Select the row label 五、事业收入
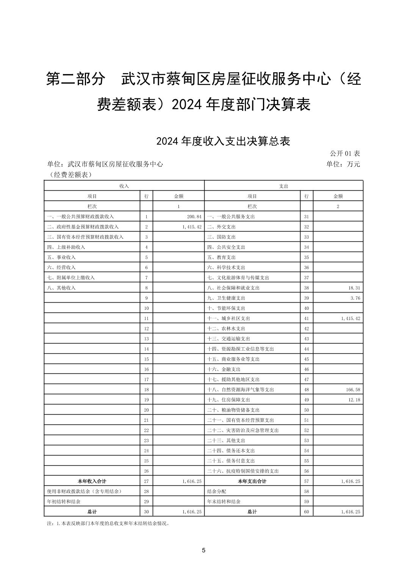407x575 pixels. [x=61, y=257]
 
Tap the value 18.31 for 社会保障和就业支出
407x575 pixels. [x=353, y=288]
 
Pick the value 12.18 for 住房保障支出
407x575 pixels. [x=353, y=400]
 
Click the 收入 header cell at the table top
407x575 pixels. [x=124, y=186]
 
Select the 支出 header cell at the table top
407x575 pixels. [x=284, y=186]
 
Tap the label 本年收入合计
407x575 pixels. [x=92, y=481]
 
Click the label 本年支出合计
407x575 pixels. [x=252, y=481]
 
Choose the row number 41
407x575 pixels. [x=307, y=319]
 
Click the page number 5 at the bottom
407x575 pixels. [x=203, y=550]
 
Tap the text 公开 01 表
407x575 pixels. [x=344, y=153]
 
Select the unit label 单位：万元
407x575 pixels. [x=343, y=164]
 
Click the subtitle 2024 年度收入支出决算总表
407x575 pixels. [x=223, y=141]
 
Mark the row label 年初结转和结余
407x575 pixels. [x=64, y=502]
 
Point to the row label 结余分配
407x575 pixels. [x=217, y=491]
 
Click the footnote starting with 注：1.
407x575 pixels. [x=108, y=524]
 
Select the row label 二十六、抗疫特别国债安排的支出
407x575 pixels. [x=243, y=471]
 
